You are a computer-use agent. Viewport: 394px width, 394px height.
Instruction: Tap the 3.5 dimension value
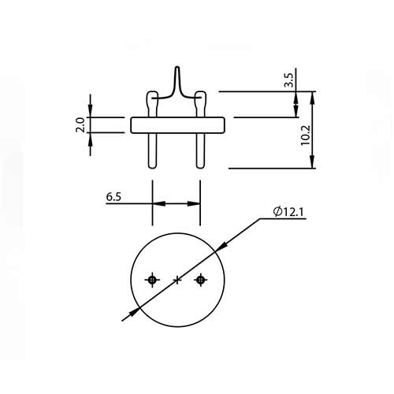tap(288, 79)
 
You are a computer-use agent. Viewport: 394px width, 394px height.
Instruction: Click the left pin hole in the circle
tap(152, 280)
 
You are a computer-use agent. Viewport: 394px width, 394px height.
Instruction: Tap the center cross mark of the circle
tap(177, 280)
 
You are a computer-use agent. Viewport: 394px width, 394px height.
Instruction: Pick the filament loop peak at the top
tap(177, 71)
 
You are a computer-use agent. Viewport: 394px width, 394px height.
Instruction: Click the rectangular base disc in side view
tap(177, 125)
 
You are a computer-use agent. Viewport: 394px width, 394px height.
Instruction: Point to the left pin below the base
tap(152, 150)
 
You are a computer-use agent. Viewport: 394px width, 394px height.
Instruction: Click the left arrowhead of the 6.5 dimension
tap(157, 203)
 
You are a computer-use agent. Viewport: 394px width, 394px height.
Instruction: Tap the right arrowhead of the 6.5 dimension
tap(195, 203)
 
